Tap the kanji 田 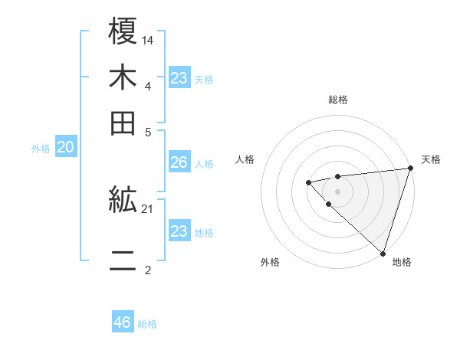(123, 123)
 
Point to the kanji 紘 (123, 201)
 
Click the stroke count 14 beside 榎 (149, 39)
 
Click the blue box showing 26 (179, 162)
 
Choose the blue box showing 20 (65, 148)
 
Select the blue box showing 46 (123, 322)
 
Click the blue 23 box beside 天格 (179, 78)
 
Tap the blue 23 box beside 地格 (179, 231)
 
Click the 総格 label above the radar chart (338, 100)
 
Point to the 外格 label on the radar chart (270, 262)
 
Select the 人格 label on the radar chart (245, 159)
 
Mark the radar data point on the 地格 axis (383, 253)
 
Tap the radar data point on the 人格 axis (308, 182)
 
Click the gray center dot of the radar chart (338, 191)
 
